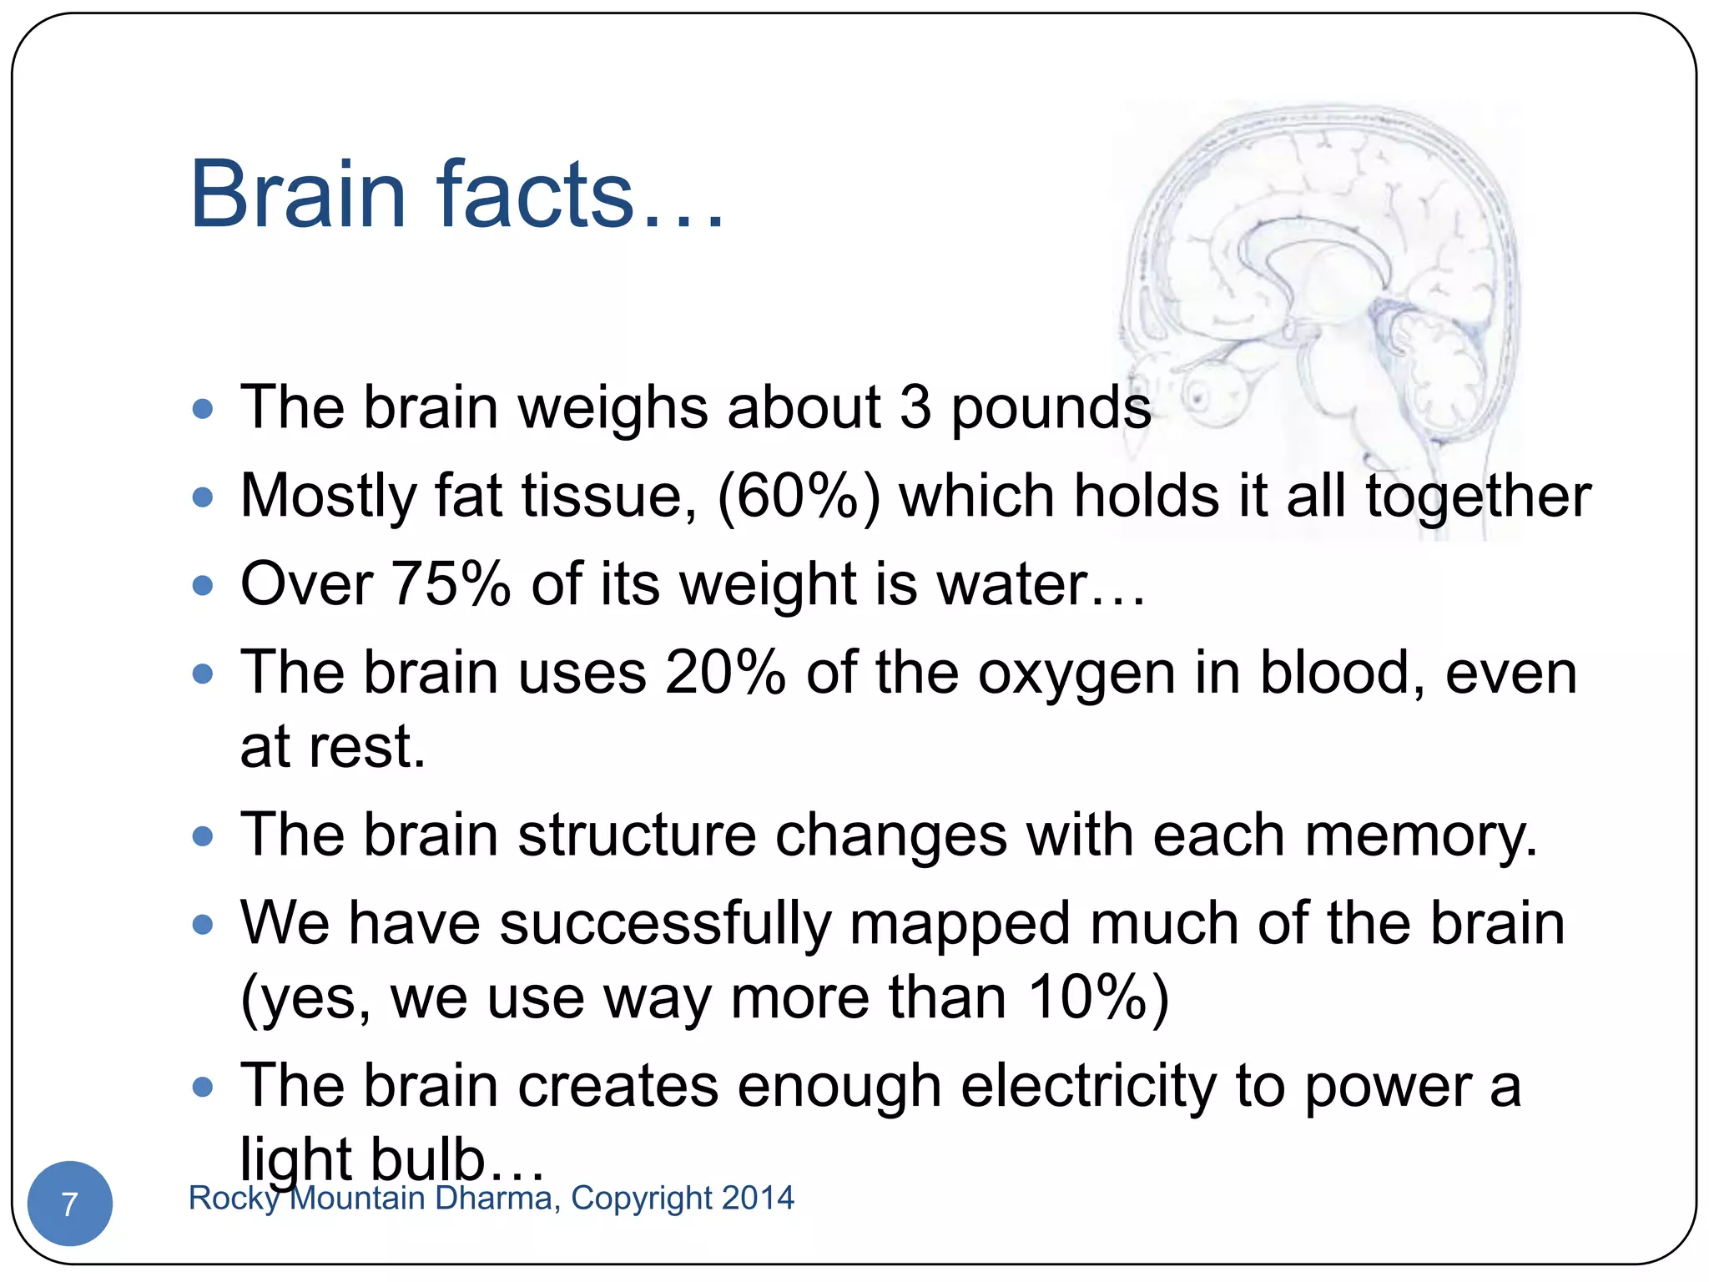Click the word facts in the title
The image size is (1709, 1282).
click(x=535, y=195)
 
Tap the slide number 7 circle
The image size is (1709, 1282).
click(x=70, y=1204)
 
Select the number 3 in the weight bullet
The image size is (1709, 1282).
click(x=915, y=408)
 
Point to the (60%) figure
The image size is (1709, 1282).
click(x=799, y=497)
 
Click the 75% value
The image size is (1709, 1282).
click(x=451, y=584)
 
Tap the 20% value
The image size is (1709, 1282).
click(x=725, y=673)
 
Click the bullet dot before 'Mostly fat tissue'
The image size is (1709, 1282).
click(x=203, y=498)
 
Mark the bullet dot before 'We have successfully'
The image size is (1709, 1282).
click(x=203, y=925)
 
